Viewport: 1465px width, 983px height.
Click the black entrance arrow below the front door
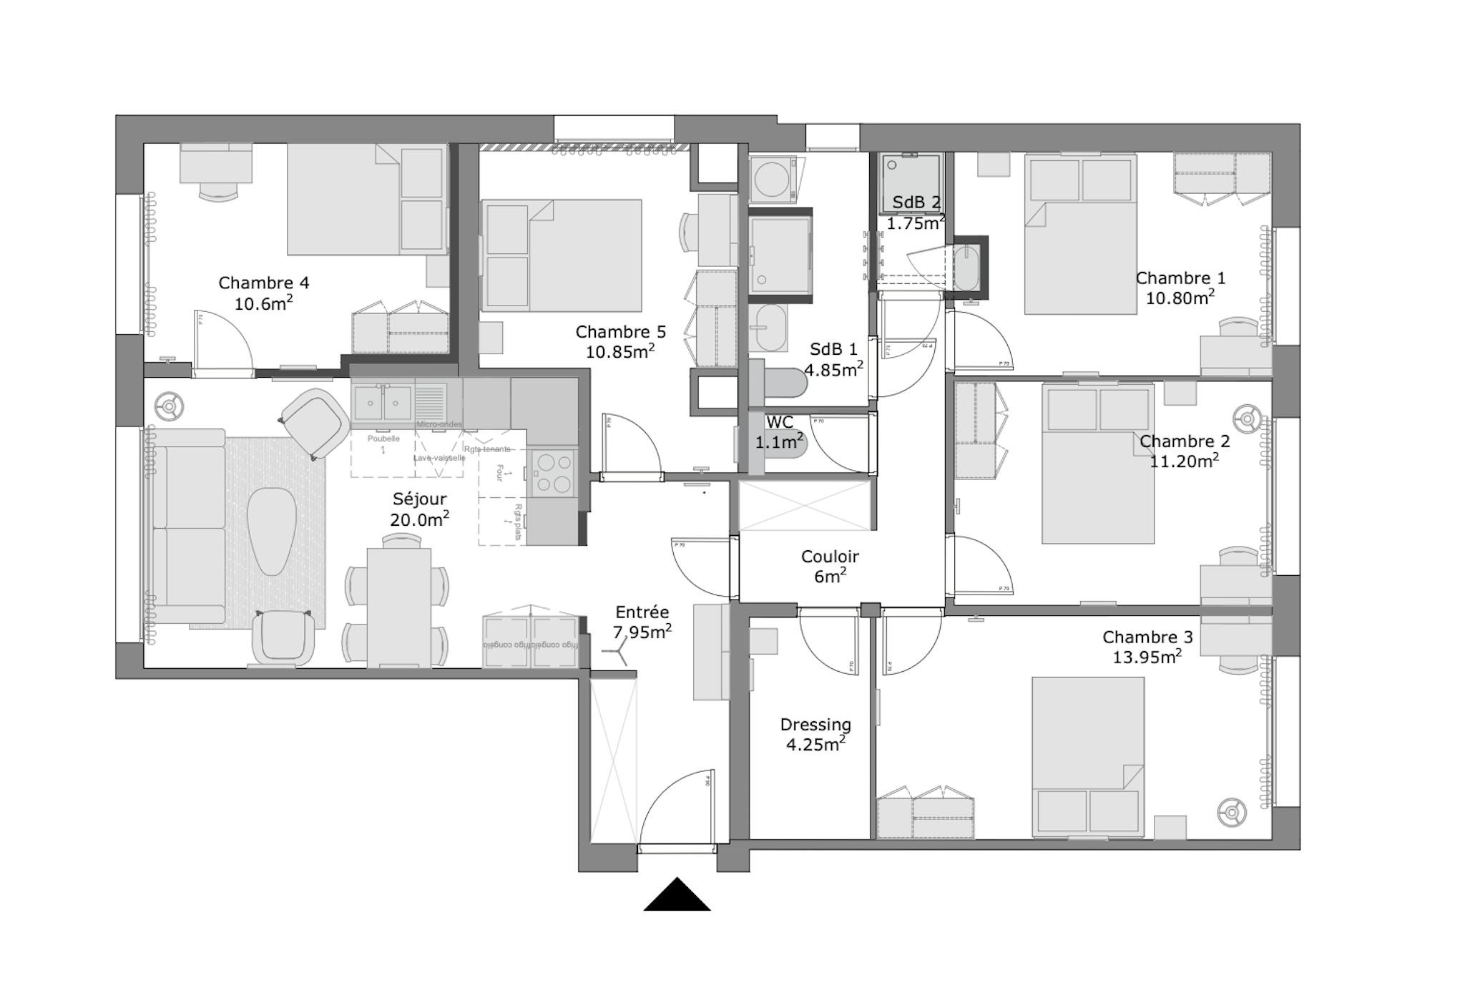tap(677, 896)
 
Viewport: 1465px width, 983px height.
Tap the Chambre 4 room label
tap(263, 283)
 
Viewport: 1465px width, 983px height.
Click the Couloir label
tap(830, 557)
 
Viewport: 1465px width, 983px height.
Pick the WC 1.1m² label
tap(779, 433)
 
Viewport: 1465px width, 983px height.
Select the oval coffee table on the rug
tap(272, 530)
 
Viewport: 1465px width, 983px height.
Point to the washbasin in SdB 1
tap(770, 328)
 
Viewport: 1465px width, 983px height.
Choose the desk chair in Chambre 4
tap(218, 190)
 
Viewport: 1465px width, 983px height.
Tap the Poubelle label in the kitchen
tap(383, 439)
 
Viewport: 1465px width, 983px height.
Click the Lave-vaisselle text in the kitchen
tap(439, 458)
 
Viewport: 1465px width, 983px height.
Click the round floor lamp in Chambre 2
tap(1247, 417)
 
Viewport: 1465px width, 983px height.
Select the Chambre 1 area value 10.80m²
tap(1180, 298)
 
